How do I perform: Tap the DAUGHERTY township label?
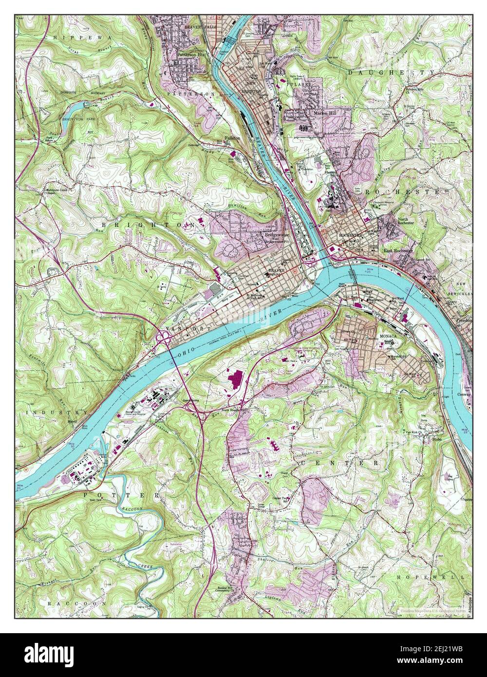(391, 72)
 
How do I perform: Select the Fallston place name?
(232, 138)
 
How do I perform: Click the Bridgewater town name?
(277, 234)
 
